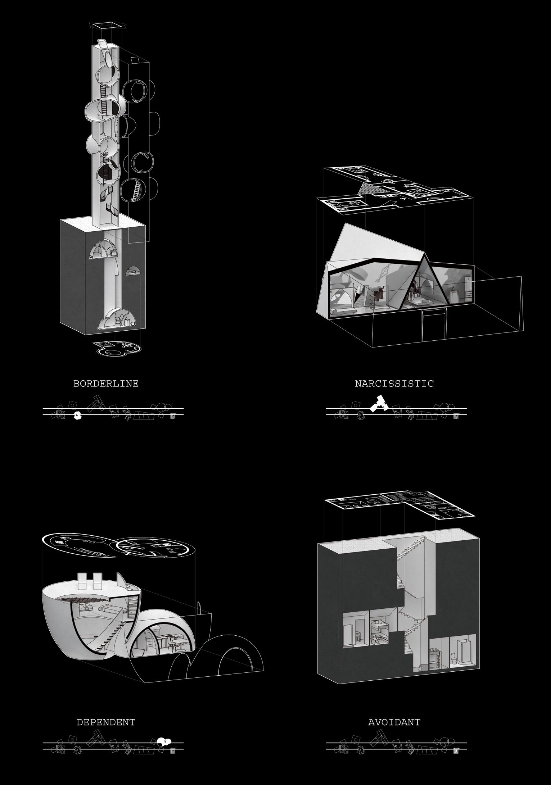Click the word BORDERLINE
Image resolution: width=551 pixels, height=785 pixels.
point(106,384)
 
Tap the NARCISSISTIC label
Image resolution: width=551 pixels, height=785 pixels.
point(394,384)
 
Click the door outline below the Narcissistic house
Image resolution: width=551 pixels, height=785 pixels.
point(434,325)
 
